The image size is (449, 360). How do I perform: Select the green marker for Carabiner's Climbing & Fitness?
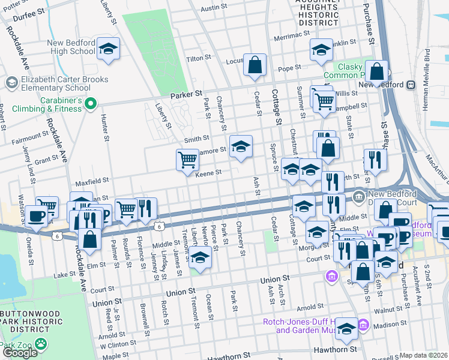point(91,105)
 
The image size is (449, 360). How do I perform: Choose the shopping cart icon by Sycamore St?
point(187,160)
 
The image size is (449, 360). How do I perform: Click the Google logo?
point(20,352)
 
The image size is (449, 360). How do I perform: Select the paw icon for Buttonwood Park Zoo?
point(40,344)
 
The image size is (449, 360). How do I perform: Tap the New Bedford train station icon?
point(413,85)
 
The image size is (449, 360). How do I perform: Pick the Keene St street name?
point(209,173)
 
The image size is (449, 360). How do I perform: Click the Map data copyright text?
point(424,355)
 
